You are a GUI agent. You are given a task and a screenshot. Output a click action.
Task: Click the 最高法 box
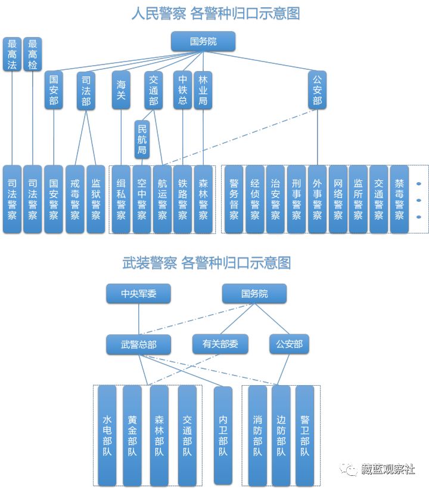coord(11,54)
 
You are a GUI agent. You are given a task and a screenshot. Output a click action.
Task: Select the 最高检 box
coord(32,54)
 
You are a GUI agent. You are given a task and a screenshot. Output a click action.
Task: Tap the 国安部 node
coord(54,90)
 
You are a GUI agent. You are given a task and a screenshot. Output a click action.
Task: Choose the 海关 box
coord(121,90)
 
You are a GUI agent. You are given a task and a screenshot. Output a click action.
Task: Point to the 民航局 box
coord(142,139)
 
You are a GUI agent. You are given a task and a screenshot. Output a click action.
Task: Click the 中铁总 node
coord(183,90)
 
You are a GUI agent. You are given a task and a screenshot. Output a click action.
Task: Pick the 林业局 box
coord(203,90)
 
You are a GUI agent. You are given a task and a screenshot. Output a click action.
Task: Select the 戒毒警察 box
coord(75,199)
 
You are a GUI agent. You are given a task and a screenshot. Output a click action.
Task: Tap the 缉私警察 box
coord(121,199)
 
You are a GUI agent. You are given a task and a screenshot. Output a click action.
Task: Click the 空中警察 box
coord(142,199)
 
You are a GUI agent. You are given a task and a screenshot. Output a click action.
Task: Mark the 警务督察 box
coord(234,199)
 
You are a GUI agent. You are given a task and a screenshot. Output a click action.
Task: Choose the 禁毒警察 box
coord(399,199)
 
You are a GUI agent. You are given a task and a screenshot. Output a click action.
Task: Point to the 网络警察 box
coord(338,199)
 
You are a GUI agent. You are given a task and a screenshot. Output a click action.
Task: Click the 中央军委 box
coord(138,294)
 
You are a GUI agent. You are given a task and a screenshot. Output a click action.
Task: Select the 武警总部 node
coord(138,345)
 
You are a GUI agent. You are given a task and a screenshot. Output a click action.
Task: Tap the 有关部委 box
coord(220,345)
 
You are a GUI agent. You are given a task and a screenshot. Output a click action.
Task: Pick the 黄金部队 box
coord(132,435)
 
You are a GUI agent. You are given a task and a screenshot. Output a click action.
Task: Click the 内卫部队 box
coord(223,435)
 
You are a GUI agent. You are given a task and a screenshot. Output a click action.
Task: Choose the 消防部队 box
coord(257,435)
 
